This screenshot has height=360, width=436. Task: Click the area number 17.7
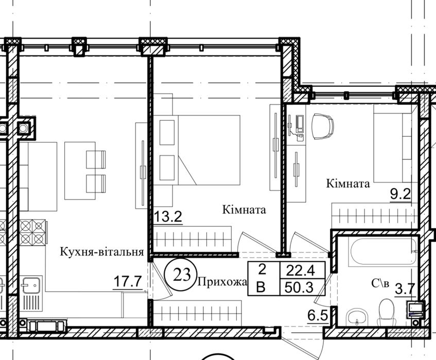[128, 282]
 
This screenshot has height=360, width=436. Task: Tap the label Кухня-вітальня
[101, 252]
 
